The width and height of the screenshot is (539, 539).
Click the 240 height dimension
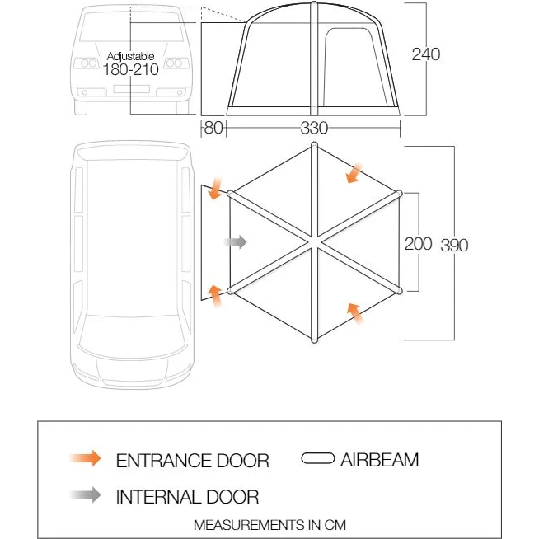pos(426,54)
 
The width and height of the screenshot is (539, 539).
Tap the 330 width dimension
pos(314,129)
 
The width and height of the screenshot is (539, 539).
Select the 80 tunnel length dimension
pos(213,128)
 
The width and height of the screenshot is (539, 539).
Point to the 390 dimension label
pos(454,246)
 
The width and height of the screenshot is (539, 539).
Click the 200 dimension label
pos(418,244)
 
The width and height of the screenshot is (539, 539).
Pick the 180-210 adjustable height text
pos(130,69)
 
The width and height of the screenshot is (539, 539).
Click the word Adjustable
pos(130,56)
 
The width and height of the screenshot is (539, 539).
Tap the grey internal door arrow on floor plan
pos(236,242)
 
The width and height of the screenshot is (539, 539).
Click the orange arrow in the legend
pos(85,458)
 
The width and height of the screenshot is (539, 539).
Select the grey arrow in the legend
pos(85,495)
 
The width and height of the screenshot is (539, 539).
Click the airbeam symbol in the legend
pos(317,458)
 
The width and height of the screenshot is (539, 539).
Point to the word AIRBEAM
pos(379,460)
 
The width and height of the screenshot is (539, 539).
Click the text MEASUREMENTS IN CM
pos(269,525)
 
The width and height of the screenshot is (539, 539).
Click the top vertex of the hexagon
pos(314,145)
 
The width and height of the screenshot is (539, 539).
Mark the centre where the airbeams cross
pos(314,242)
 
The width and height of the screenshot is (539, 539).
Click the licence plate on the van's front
pos(132,89)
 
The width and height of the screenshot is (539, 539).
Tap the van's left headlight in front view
pos(86,63)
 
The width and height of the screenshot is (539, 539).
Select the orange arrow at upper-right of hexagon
pos(354,173)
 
